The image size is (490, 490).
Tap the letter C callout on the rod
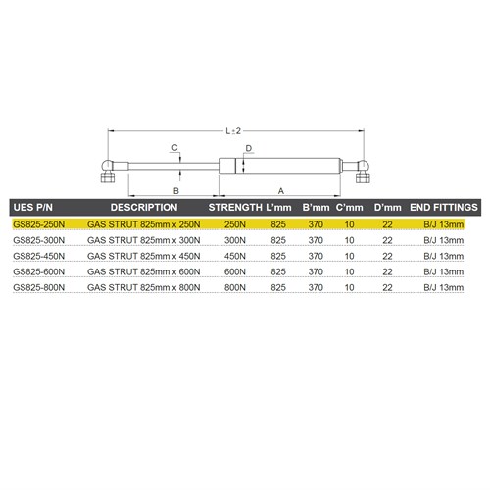[173, 148]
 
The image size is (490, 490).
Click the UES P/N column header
[39, 208]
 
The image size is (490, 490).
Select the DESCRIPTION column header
[143, 208]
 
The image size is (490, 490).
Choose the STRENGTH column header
[235, 208]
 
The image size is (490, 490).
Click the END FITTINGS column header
[443, 208]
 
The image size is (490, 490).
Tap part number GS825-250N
[39, 224]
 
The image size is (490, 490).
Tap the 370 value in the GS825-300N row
[316, 240]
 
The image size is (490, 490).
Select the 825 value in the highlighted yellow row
[277, 224]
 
